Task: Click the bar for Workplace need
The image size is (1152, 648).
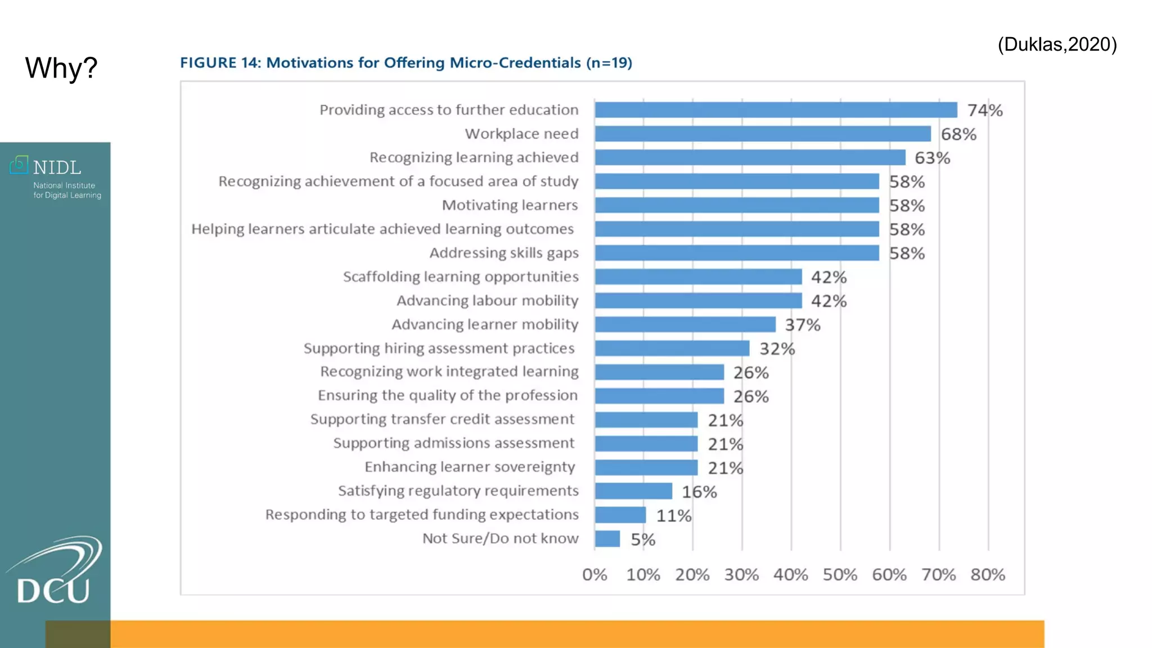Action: pos(762,134)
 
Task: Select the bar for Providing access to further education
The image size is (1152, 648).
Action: pos(776,110)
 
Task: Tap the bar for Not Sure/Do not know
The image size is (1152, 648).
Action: pos(607,539)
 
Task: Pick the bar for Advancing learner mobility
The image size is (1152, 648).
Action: pos(685,325)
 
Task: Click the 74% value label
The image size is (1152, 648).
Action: pos(984,110)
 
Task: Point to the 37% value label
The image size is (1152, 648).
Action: pos(803,325)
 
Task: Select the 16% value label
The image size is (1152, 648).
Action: pos(699,492)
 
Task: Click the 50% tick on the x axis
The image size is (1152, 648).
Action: pos(840,575)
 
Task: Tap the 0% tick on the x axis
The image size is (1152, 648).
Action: pos(595,575)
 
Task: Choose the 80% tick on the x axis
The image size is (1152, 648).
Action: pos(988,575)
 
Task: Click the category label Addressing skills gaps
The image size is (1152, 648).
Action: pos(504,253)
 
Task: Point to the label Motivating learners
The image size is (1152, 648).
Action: pos(510,205)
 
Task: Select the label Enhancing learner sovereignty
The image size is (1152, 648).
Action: pos(470,467)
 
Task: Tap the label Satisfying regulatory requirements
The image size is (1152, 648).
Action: pos(458,491)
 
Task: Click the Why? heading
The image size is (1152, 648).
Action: pos(61,68)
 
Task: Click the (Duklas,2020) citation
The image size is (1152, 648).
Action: pos(1057,44)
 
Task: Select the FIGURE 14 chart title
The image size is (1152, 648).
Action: pos(406,62)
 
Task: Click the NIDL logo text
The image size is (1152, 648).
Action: pos(57,168)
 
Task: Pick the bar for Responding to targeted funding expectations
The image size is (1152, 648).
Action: pos(620,515)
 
